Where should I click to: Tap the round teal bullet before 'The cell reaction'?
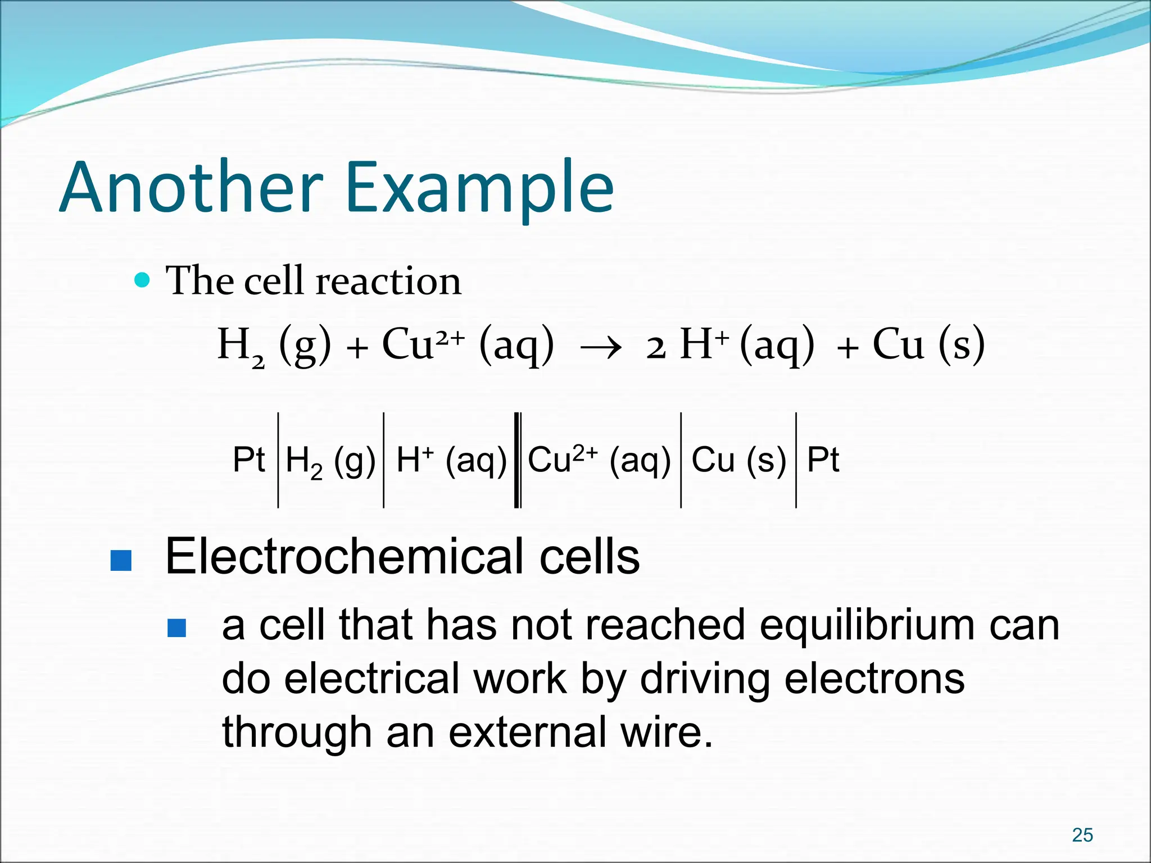(143, 279)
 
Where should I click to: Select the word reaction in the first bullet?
(388, 281)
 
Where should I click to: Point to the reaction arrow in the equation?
(601, 348)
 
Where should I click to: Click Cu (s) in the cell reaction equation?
(928, 344)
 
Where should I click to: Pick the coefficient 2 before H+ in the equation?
(656, 348)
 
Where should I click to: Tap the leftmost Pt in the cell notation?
(248, 460)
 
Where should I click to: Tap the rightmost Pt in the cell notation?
(823, 460)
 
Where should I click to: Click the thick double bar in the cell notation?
(518, 460)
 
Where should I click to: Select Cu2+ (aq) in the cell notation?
(599, 460)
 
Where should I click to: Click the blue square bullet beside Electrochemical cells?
(121, 560)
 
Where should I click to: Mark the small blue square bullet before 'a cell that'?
(176, 628)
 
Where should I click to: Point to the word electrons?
(874, 679)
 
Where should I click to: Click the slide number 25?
(1082, 835)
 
